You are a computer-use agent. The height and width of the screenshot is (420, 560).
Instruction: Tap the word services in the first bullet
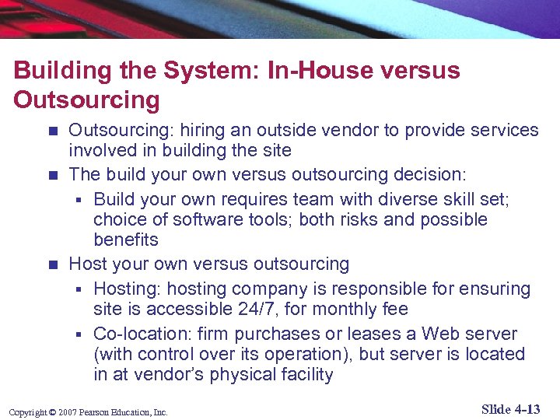pos(498,130)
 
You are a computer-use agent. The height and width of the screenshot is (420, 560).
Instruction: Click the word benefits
pos(126,240)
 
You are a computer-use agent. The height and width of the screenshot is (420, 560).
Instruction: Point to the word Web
pos(441,334)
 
